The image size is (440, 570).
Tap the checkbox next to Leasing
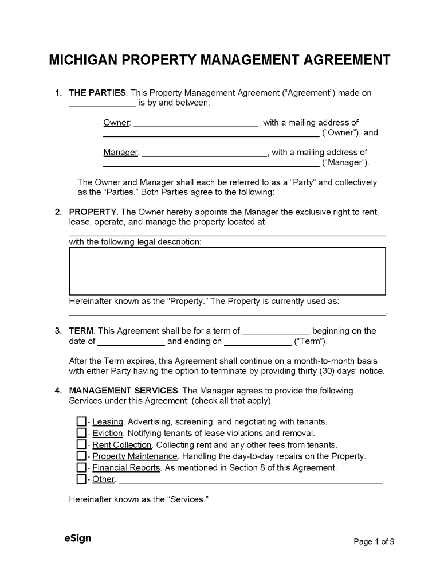(x=81, y=422)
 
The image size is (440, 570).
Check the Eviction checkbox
(x=81, y=434)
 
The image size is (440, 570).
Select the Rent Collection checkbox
(x=81, y=445)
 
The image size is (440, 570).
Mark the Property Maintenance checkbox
(x=81, y=456)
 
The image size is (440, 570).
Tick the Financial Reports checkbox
(x=81, y=468)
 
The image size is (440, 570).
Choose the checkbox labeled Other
(x=81, y=479)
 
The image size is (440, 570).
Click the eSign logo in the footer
(x=77, y=538)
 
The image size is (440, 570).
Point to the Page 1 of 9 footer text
(x=374, y=541)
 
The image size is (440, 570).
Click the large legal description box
(x=227, y=271)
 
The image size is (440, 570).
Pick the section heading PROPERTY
(x=93, y=212)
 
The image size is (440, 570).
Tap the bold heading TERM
(x=81, y=331)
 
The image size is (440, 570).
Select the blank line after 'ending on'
(x=257, y=343)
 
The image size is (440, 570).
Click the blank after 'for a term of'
(x=276, y=332)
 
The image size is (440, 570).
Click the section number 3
(x=57, y=331)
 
